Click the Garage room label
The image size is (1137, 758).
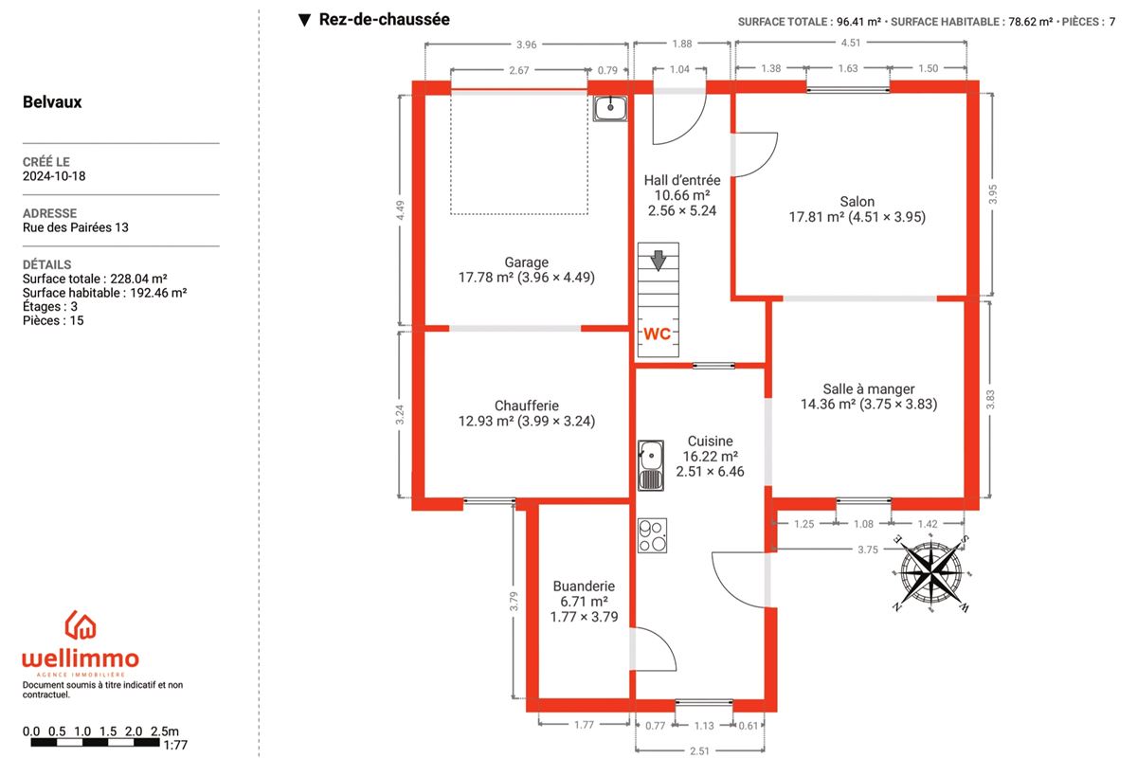click(527, 262)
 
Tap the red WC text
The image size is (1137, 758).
click(658, 334)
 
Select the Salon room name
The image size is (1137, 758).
click(857, 202)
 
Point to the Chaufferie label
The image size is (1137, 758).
click(527, 406)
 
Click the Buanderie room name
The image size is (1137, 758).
click(584, 586)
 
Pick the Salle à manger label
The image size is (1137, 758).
click(869, 388)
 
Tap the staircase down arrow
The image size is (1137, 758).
click(659, 261)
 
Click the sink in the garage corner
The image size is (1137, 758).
click(610, 108)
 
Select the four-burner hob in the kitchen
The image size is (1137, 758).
click(652, 535)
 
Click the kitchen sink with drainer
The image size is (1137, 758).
click(651, 465)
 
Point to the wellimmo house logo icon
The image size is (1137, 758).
click(81, 625)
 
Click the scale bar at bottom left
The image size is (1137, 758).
click(96, 742)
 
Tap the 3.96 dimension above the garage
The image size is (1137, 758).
click(527, 45)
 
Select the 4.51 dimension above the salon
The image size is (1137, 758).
click(851, 43)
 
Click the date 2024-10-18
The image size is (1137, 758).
click(54, 176)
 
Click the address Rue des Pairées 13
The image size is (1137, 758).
click(76, 227)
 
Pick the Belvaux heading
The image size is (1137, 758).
click(52, 102)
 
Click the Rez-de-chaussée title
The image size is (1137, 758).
click(385, 19)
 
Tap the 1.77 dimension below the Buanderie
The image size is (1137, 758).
click(584, 725)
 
